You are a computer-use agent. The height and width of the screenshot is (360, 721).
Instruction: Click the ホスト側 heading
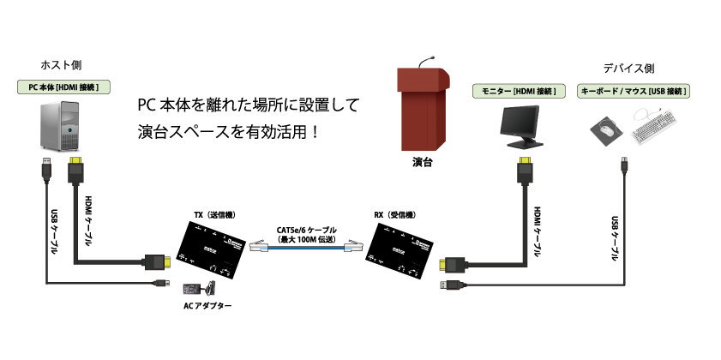pos(61,65)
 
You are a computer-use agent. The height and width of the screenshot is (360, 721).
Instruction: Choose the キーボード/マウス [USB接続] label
pos(635,90)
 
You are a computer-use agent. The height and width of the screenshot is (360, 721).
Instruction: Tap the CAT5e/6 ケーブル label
pos(306,231)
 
